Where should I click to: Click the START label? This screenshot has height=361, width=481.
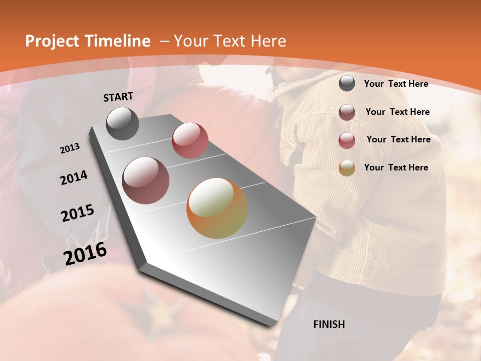(118, 97)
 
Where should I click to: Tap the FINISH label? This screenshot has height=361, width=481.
(329, 324)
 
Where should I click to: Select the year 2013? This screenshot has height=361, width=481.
(70, 148)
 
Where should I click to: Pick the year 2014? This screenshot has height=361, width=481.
(74, 178)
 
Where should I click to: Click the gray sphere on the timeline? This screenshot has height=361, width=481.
(122, 123)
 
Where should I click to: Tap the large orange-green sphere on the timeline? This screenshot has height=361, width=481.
(217, 208)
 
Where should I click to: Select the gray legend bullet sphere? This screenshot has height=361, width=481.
(347, 83)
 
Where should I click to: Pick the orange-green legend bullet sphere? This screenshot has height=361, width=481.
(347, 168)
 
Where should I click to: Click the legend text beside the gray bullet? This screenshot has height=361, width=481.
(396, 84)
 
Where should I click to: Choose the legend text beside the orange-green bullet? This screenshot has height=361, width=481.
(396, 167)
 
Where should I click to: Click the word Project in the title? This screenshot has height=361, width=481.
(52, 41)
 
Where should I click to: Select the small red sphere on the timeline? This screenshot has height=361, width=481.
(189, 140)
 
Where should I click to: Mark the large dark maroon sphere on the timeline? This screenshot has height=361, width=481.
(145, 180)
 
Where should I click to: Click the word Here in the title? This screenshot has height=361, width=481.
(268, 41)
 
